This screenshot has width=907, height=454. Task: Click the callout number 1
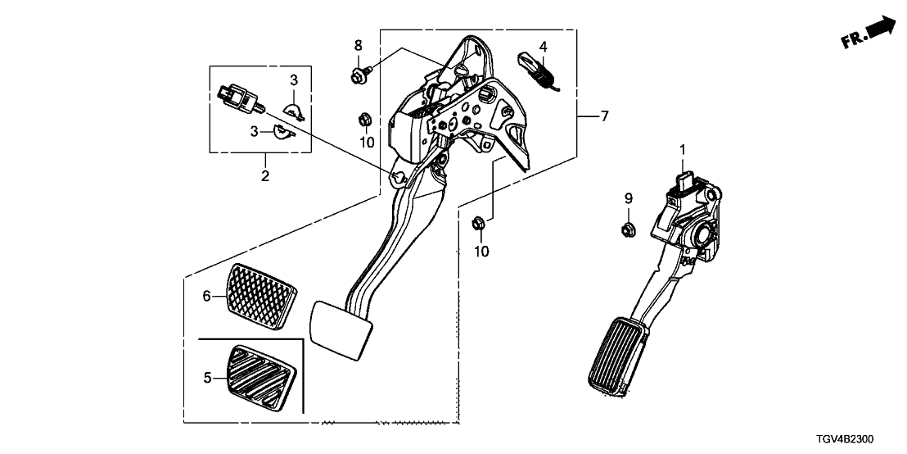point(681,150)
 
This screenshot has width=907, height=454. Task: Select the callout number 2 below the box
point(265,175)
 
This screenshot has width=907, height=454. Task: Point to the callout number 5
point(207,378)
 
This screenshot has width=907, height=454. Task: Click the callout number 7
point(604,116)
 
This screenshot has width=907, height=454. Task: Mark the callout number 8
point(357,43)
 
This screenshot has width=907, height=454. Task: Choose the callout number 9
point(629,197)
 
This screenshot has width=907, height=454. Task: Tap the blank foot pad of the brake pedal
point(341,328)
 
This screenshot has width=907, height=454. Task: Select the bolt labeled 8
point(358,75)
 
